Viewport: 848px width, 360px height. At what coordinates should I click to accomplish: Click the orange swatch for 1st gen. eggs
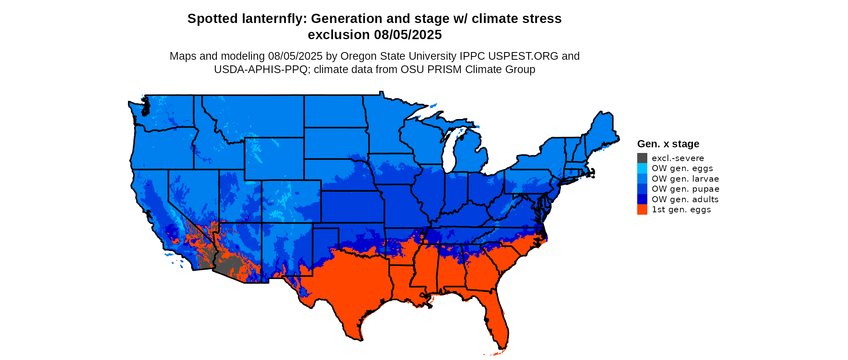642,209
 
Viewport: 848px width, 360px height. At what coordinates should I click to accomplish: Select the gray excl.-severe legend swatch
642,158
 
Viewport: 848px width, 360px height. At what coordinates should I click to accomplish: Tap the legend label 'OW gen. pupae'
685,189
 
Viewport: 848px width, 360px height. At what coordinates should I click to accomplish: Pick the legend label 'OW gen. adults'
685,199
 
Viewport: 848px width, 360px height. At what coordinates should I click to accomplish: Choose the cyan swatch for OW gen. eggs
642,168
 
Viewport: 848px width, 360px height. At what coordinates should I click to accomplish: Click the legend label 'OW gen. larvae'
685,179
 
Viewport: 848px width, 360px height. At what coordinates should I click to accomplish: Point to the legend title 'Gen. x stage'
668,144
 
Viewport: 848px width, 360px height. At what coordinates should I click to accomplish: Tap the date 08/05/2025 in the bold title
408,35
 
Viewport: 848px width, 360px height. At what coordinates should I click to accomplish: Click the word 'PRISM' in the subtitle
444,69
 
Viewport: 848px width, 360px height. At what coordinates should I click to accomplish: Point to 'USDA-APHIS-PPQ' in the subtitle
261,69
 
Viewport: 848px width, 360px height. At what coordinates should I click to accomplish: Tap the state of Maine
602,133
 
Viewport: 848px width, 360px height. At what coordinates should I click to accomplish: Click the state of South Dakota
335,143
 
